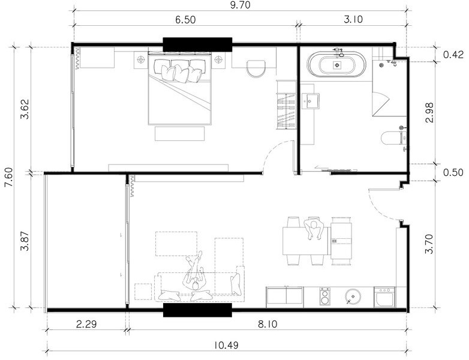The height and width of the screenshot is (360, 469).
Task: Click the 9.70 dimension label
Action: pos(240,5)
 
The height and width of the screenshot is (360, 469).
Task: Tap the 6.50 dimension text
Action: pos(185,20)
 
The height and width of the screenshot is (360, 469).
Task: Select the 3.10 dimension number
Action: pos(353,19)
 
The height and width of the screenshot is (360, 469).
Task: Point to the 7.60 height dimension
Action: pos(9,177)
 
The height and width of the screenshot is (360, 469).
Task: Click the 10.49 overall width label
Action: pos(227,346)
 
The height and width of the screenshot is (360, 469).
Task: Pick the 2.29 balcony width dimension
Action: pos(86,324)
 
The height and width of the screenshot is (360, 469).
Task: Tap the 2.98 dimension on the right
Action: pos(430,113)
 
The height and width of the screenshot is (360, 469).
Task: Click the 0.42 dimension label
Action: pos(453,55)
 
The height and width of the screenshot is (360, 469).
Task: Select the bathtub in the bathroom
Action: pos(337,64)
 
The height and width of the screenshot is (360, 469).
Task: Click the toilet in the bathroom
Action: pos(394,138)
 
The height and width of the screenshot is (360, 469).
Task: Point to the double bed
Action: pos(180,89)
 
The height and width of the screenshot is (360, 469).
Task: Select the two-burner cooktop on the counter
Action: pos(325,296)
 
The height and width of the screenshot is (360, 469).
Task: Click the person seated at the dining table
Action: pos(314,229)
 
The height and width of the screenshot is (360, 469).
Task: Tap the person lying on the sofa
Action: pos(195,272)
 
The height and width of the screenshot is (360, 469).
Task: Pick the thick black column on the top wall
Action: pos(197,44)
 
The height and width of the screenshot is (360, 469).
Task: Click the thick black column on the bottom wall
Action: pos(197,310)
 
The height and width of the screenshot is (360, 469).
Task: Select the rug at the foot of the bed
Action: pos(180,133)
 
